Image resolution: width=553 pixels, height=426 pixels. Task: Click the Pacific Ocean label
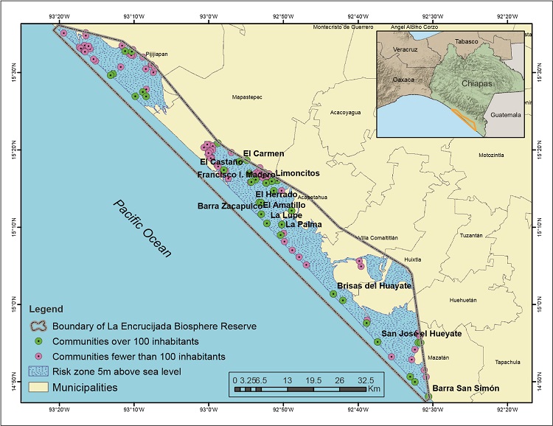[x=143, y=228]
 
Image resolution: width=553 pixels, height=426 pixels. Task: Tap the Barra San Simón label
[x=465, y=388]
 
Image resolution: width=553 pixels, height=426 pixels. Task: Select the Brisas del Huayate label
[x=373, y=285]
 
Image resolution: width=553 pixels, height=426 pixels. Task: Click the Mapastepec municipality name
[x=247, y=97]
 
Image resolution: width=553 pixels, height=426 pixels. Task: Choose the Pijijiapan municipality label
[x=157, y=54]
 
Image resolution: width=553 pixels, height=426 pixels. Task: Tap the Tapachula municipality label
[x=508, y=362]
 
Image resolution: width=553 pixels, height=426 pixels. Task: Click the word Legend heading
[x=49, y=309]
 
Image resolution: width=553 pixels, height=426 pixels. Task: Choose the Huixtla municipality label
[x=412, y=259]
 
